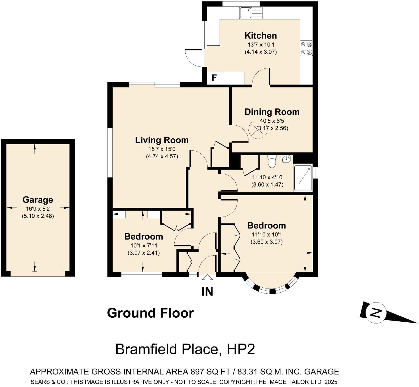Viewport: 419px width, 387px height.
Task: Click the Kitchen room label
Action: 260,36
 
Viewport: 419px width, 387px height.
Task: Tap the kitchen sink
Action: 251,13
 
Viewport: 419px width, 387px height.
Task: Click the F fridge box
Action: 214,78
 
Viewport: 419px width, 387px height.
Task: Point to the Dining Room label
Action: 272,112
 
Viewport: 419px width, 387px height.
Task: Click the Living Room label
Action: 162,140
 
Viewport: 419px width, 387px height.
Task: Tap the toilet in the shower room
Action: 272,161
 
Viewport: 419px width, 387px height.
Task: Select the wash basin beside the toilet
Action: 286,159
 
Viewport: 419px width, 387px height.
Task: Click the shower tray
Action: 303,178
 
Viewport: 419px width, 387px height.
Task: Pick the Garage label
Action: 38,200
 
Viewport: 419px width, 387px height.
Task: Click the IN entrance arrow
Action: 207,280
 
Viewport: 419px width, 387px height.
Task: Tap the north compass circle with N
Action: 376,313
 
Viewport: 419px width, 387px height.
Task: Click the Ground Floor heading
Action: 150,313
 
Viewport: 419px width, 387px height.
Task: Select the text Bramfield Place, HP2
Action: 185,349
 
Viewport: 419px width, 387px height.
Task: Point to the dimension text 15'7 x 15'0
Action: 162,149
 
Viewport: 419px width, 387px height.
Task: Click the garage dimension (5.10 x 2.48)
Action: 38,216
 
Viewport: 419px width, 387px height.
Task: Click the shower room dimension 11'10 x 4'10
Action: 267,177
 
